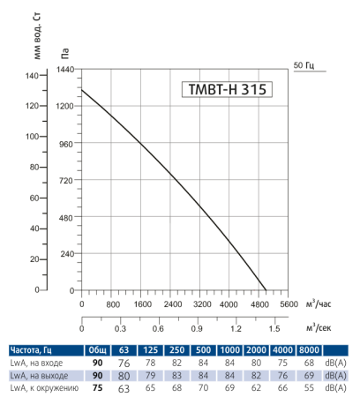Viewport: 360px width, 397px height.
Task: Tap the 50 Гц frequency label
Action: point(303,65)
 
